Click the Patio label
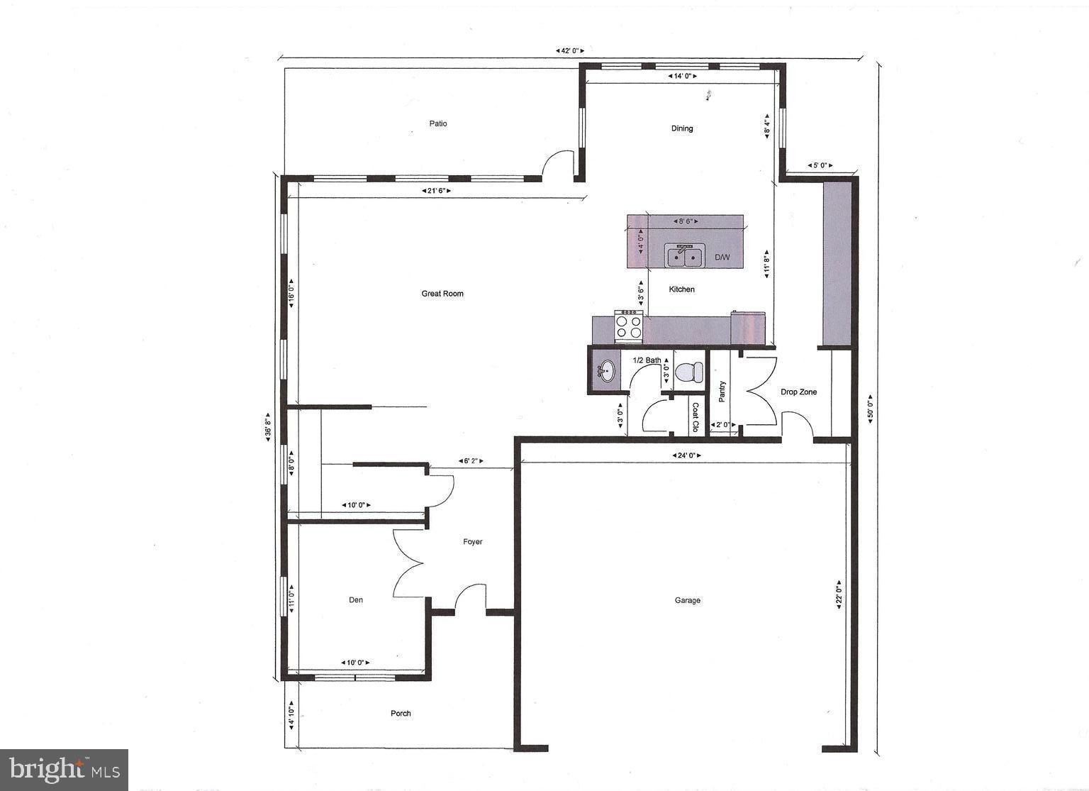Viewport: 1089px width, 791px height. (x=438, y=123)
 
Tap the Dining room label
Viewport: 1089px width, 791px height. (x=682, y=128)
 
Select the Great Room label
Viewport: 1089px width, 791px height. (x=442, y=294)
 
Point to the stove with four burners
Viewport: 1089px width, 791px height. (x=628, y=326)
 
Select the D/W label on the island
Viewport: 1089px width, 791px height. (x=722, y=257)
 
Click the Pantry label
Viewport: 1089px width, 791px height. (x=722, y=392)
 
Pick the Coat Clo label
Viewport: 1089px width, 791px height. (x=696, y=418)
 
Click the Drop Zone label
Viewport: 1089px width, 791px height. (x=799, y=392)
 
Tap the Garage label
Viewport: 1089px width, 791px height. (x=687, y=600)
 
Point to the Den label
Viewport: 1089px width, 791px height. (x=356, y=600)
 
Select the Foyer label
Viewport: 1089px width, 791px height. (x=473, y=542)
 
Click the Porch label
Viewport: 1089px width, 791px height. (x=401, y=714)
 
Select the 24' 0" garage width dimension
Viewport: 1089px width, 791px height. (x=686, y=455)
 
